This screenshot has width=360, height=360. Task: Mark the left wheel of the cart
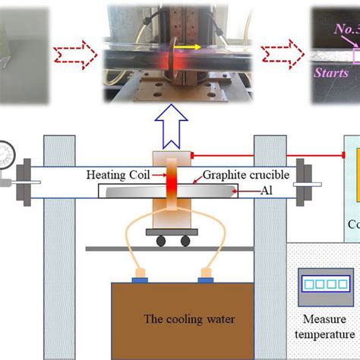(162, 241)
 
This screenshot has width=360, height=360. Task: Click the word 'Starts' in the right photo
(332, 72)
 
